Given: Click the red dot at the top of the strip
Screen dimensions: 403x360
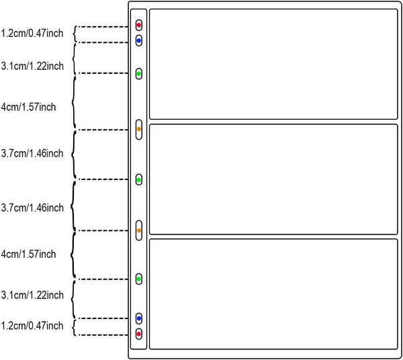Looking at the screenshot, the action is click(139, 25).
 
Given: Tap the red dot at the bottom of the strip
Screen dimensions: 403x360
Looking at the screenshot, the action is click(139, 334).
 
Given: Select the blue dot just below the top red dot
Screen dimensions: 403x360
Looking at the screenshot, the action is click(139, 40).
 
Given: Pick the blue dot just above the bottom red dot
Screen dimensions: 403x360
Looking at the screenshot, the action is click(139, 318).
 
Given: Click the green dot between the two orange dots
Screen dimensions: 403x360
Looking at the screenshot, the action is click(139, 180).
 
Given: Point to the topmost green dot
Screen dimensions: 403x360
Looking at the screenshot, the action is click(139, 74).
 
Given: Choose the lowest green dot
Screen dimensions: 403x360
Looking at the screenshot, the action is click(139, 279).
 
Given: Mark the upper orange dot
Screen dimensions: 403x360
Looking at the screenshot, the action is click(139, 129).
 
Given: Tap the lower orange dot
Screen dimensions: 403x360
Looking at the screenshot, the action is click(139, 230).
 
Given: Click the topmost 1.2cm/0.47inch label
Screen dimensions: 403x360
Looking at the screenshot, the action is click(32, 34).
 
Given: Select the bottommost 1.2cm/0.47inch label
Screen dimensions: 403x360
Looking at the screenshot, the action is click(32, 326).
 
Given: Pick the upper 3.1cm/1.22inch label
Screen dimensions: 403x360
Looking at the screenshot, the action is click(32, 66).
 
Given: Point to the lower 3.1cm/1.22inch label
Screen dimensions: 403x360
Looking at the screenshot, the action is click(32, 295).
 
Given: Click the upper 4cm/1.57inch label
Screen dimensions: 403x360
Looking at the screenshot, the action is click(28, 107).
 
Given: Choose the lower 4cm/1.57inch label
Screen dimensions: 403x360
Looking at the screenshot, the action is click(28, 254).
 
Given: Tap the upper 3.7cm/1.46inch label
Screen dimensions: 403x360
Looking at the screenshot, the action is click(32, 153).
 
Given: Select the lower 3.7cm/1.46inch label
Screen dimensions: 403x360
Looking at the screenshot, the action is click(32, 208).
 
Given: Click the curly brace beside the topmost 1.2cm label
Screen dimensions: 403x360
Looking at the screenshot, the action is click(75, 34).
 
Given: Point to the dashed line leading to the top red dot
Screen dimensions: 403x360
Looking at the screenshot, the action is click(103, 27).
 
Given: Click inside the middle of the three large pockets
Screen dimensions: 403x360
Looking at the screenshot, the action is click(273, 179).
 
